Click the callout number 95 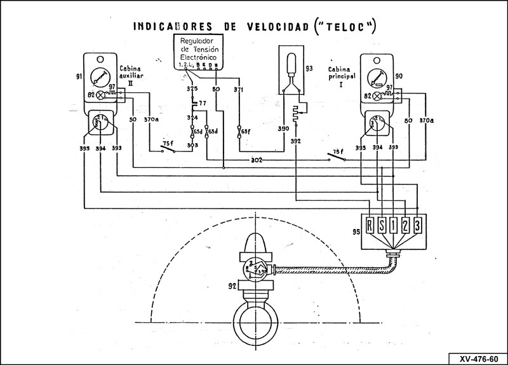356,231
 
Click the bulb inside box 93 291,64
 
